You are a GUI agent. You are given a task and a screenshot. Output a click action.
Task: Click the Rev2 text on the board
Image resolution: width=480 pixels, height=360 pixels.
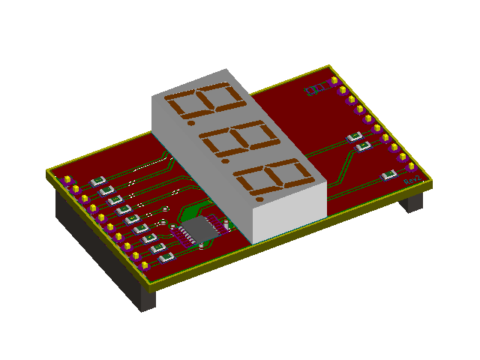coord(412,181)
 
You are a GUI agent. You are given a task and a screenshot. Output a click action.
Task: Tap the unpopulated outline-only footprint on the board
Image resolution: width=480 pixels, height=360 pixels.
coord(316,90)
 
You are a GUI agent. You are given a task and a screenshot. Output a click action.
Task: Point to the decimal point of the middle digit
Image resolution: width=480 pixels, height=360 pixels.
coord(226,160)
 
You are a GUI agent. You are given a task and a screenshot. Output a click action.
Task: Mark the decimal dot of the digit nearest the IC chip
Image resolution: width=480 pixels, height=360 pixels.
coord(259,199)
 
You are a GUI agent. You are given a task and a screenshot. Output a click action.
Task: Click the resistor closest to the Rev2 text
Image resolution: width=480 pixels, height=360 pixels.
coord(388,175)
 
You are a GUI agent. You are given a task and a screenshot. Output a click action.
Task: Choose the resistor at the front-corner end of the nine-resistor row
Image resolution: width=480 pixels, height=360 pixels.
coord(166,256)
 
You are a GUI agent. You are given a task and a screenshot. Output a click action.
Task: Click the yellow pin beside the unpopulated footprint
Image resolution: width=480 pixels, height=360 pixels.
coord(334,80)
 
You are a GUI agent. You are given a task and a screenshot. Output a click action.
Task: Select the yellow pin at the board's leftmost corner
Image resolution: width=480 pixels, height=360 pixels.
coord(67,180)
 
